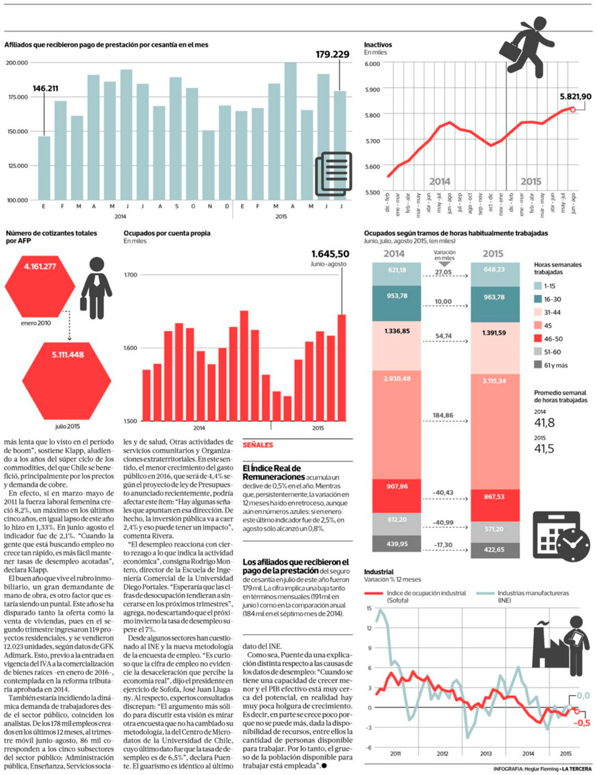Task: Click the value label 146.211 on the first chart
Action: (45, 88)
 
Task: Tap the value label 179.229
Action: (333, 54)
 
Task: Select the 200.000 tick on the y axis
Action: (17, 63)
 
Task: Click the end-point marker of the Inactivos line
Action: (573, 109)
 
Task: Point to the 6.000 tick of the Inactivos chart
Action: (372, 63)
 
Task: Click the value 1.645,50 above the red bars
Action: (330, 254)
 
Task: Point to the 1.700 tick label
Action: (131, 275)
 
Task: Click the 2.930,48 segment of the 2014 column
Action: (397, 424)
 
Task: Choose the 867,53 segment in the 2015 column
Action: (494, 505)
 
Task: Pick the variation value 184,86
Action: (443, 415)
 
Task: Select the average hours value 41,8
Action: (544, 423)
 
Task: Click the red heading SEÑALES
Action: (258, 445)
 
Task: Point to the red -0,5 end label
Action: (582, 723)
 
